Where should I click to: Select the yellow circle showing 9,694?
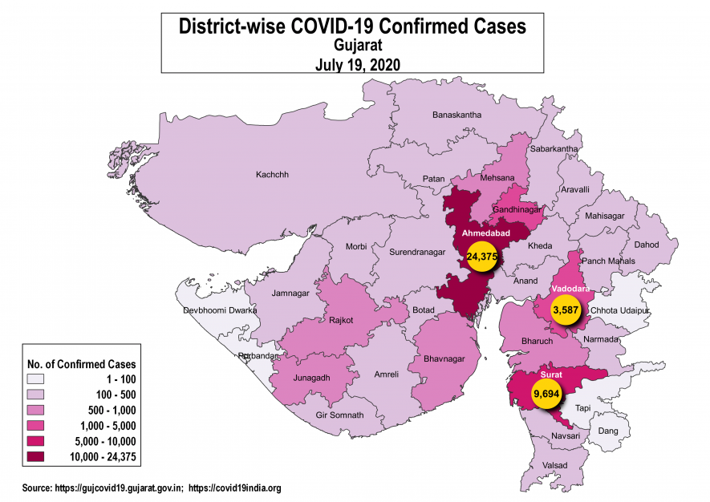tap(546, 394)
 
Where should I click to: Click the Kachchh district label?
tap(271, 175)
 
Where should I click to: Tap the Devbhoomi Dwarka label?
tap(219, 310)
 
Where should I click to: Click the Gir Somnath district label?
tap(339, 415)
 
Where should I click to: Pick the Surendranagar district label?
tap(416, 253)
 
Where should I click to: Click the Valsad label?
tap(554, 466)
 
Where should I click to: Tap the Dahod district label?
tap(646, 245)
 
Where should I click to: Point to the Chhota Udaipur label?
tap(619, 310)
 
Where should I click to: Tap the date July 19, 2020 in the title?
tap(352, 63)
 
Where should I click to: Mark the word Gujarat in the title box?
tap(352, 46)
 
